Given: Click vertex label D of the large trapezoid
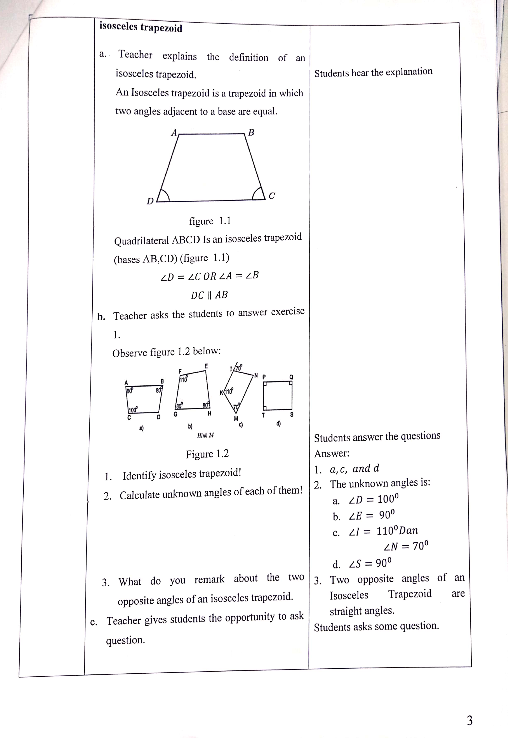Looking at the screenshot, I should tap(150, 201).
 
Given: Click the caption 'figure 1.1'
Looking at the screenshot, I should tap(210, 221).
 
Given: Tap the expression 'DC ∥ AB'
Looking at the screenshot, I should tap(209, 295).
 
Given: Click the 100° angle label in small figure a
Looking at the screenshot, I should tap(133, 409).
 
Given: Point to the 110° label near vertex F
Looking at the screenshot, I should tap(183, 379).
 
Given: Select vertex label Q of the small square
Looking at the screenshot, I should tap(291, 377).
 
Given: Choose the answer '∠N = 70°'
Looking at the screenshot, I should tap(406, 546).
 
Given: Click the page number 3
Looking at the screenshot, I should tap(469, 721).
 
